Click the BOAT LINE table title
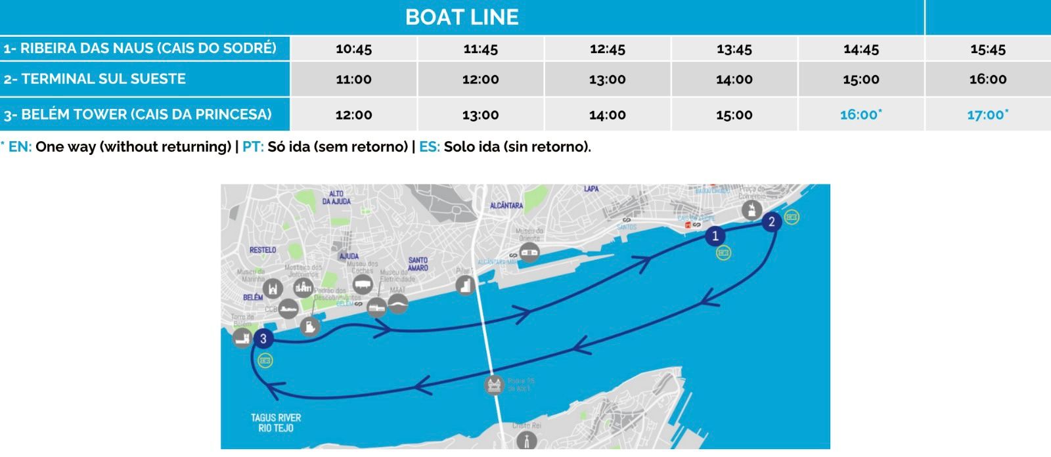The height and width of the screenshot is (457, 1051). (462, 17)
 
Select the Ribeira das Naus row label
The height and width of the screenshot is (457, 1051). (140, 48)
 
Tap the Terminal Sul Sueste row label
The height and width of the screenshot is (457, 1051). (95, 79)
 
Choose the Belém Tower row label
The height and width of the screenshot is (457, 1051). (137, 114)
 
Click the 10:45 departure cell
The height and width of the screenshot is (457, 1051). (353, 49)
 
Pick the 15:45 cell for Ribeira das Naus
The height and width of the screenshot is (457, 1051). (987, 49)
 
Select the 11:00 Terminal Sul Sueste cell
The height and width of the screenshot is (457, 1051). (353, 79)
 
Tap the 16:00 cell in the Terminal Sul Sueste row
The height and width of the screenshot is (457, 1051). (987, 79)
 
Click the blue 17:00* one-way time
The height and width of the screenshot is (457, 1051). (987, 115)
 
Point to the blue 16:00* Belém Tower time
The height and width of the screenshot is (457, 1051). (861, 115)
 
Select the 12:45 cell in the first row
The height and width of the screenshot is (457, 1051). (607, 49)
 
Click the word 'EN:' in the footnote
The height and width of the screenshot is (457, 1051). (20, 147)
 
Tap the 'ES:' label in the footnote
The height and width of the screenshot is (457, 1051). (430, 147)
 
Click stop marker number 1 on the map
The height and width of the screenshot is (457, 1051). (715, 236)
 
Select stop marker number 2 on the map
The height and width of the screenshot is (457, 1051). (772, 222)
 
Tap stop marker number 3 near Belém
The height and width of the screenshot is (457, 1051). (263, 339)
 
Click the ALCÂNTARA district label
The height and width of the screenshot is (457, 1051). (506, 206)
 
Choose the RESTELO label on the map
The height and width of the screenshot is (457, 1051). (263, 250)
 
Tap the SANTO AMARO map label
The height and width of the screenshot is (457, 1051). (418, 264)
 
